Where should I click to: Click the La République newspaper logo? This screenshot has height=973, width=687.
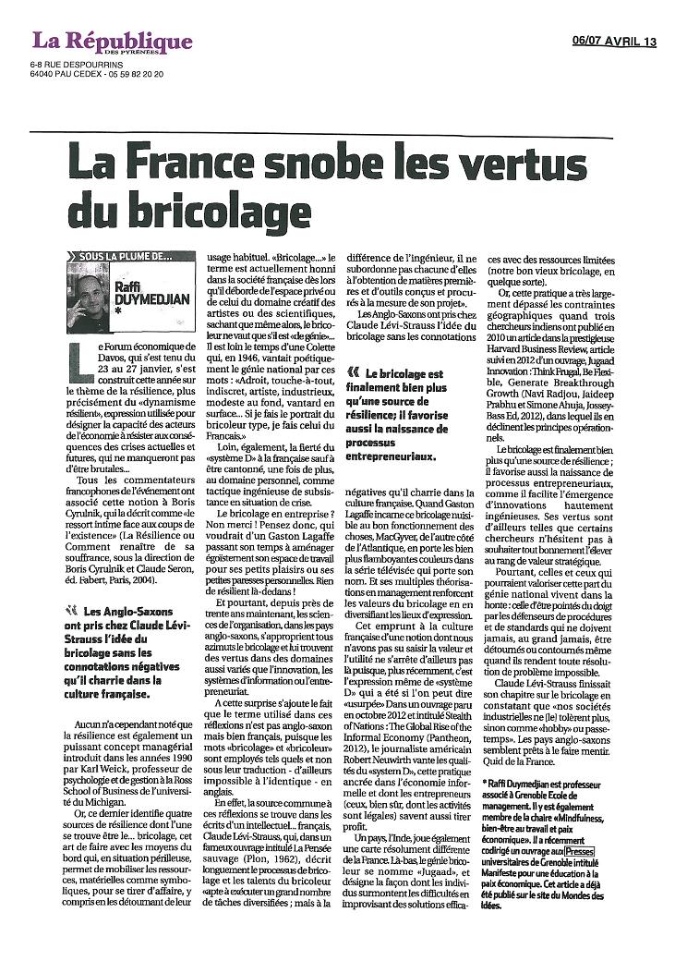pos(112,42)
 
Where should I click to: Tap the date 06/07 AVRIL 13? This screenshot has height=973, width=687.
pos(613,41)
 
